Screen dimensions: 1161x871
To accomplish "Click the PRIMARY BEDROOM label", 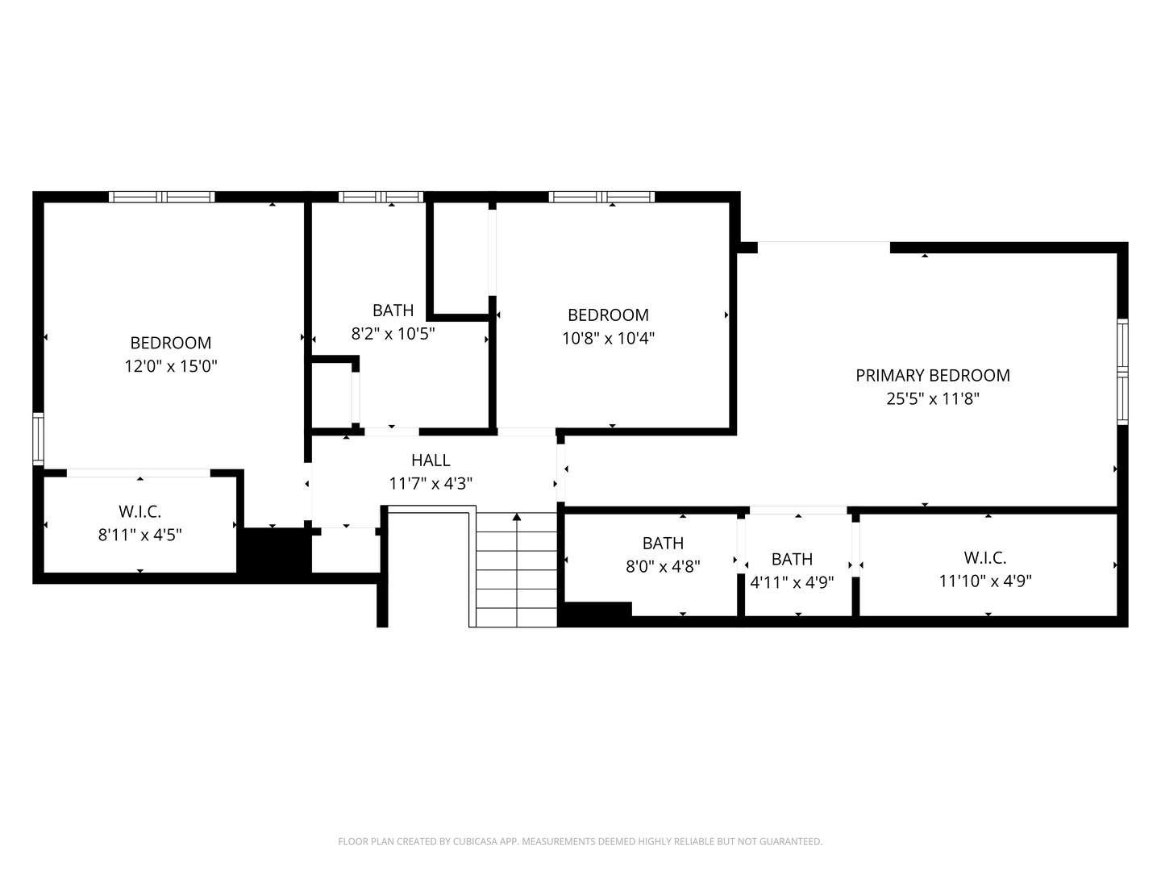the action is (933, 376).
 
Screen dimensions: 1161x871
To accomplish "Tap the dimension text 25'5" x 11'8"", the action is (933, 398).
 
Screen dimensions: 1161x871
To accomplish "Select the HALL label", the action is (431, 461).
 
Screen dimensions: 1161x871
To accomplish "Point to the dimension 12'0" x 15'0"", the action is (171, 366).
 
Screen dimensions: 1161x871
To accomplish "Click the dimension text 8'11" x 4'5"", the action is (140, 536).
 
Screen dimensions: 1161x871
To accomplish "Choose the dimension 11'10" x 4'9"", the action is (985, 581).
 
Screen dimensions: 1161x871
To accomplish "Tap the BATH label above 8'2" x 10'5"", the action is (393, 310).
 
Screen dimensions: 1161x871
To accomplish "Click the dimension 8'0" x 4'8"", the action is (663, 567).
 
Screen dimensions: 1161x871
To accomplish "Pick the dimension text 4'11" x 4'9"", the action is (792, 582).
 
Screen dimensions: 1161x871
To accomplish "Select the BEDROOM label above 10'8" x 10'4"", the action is (608, 315).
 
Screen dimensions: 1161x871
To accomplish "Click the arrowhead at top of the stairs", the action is (517, 517).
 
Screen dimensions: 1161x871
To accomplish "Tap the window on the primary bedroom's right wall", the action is (1122, 372).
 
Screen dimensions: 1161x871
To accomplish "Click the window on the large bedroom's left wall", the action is (38, 439).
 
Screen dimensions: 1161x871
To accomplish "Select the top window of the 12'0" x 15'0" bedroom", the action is (162, 198).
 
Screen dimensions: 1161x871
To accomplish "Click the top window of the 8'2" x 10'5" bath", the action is (381, 198).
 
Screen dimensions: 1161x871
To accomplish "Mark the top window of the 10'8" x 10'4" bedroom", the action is (601, 198).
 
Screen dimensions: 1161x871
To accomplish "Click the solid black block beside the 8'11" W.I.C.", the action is (274, 551).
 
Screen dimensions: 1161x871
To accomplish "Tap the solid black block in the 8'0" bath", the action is (598, 610).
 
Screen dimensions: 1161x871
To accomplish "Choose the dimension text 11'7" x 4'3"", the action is (431, 484).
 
